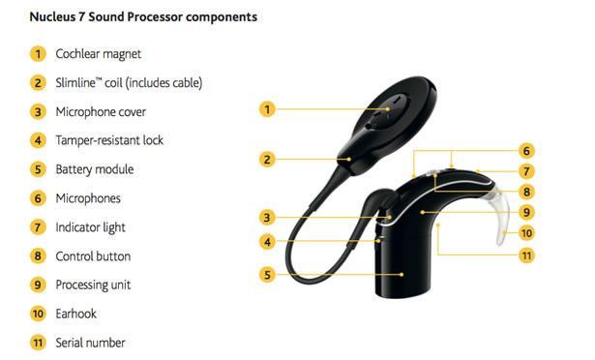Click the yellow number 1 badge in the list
[37, 54]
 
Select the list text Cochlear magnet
[99, 54]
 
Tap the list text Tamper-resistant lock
[109, 140]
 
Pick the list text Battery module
[95, 169]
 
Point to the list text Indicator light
[91, 227]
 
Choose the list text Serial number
[90, 343]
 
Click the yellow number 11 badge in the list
[37, 343]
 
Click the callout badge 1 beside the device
[268, 109]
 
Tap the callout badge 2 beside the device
[268, 159]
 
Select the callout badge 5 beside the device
[268, 275]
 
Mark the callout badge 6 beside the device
[526, 150]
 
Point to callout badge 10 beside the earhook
[526, 232]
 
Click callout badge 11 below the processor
[526, 255]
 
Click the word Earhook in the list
[77, 314]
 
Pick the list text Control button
[93, 256]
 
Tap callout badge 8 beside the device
[526, 192]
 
